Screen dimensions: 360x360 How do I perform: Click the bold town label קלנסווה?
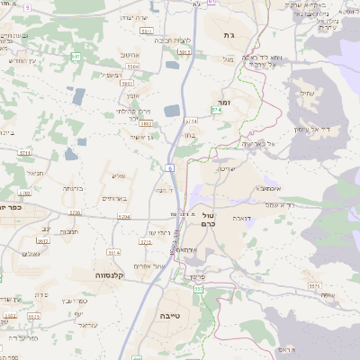coord(114,273)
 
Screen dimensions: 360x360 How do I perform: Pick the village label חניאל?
coord(36,173)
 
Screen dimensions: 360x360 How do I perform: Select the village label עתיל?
coord(306,94)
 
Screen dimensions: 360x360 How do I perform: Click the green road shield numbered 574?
coord(216,110)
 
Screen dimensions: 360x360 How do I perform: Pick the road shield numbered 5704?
coord(124,217)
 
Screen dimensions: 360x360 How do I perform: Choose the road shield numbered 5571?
coord(312,285)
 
